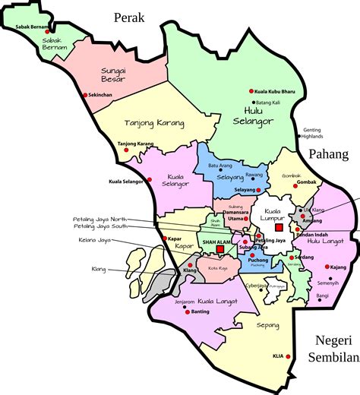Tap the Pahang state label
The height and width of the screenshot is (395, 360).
coord(328,154)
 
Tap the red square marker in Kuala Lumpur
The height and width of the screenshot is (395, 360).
coord(279,227)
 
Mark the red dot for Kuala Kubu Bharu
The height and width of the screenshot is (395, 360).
coord(252,91)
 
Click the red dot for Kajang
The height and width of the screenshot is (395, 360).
coord(327,267)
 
